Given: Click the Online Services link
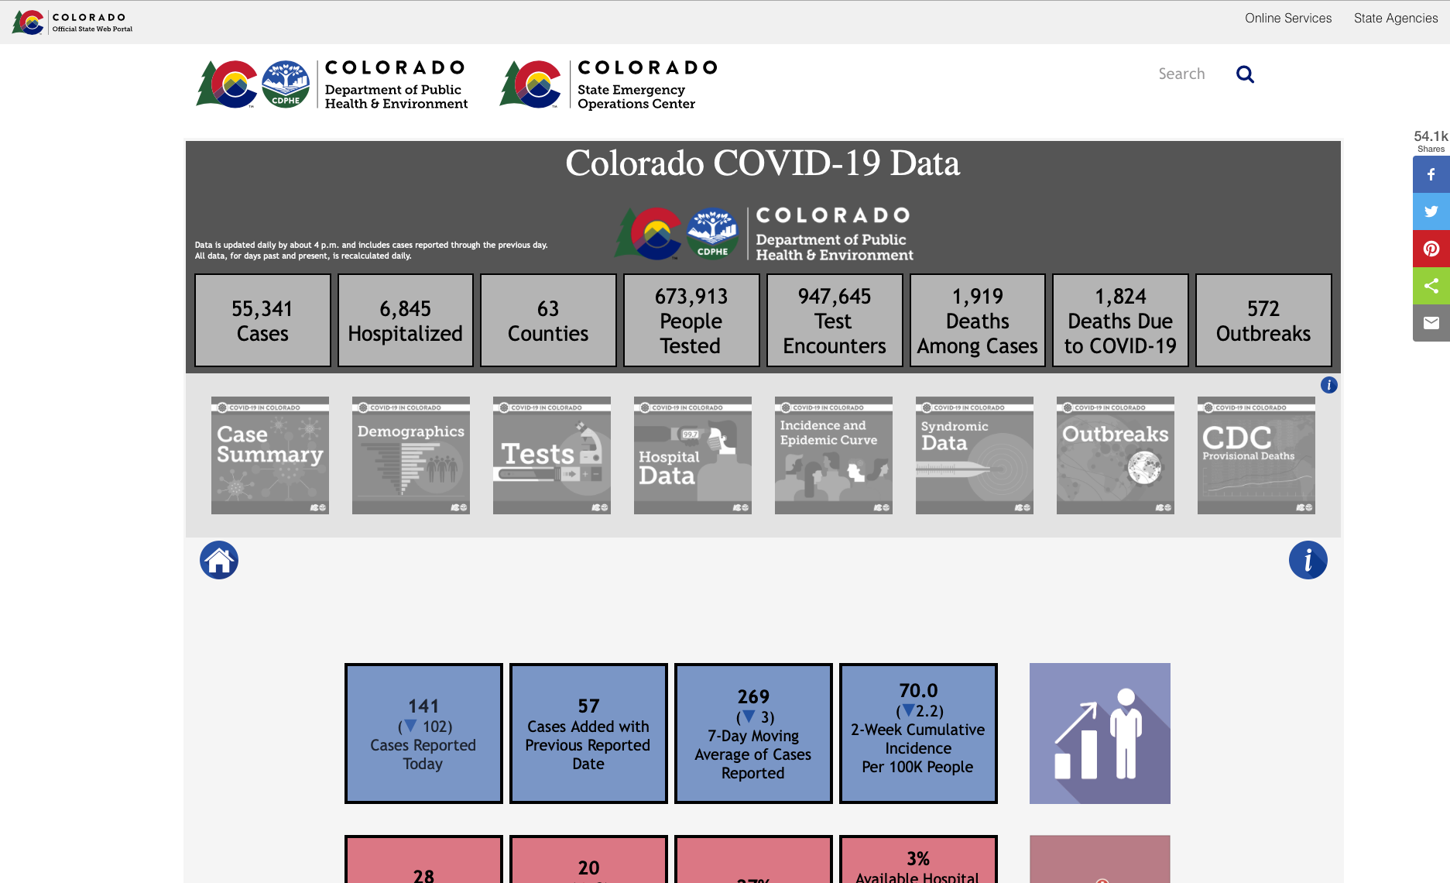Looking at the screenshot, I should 1287,18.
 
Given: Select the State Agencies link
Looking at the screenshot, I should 1395,18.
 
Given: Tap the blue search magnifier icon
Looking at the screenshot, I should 1245,74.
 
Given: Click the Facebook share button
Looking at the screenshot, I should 1431,175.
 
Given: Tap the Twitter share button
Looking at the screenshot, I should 1431,211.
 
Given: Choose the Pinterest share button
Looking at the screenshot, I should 1431,249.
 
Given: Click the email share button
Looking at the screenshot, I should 1431,323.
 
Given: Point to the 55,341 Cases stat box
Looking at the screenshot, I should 262,321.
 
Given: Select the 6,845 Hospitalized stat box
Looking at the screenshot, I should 405,321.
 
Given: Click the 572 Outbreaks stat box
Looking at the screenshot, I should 1263,321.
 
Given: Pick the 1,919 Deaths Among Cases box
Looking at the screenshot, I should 977,321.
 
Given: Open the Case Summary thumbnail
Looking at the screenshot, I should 270,455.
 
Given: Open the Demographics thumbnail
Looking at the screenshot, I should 411,455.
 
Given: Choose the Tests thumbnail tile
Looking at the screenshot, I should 552,455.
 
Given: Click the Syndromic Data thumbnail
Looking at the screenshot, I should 975,455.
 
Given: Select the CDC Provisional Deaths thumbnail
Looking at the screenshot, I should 1256,455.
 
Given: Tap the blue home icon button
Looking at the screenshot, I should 219,560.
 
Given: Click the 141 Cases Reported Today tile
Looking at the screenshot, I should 423,734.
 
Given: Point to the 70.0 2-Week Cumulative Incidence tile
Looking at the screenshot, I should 918,734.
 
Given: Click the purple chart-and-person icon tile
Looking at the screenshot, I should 1099,734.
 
